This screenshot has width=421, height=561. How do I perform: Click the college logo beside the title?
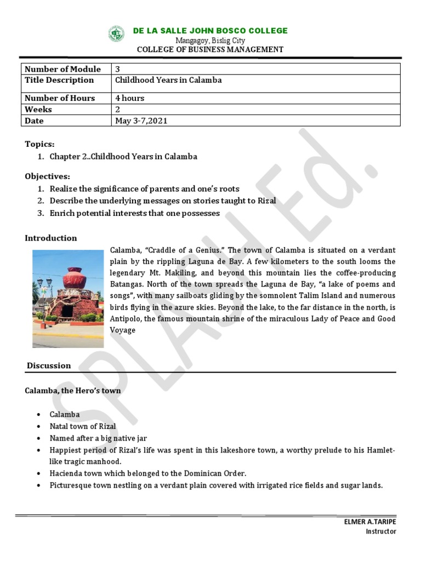pos(116,34)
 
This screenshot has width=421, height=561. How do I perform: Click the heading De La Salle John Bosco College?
pos(210,31)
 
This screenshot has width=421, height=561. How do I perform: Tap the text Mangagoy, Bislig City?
pos(210,41)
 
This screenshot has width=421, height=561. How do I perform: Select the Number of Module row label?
pos(63,69)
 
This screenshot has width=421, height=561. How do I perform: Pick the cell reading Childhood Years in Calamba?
pos(168,80)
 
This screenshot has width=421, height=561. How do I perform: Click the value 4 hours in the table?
pos(130,98)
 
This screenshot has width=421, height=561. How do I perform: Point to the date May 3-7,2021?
pos(141,121)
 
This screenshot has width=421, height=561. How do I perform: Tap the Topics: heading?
pos(40,144)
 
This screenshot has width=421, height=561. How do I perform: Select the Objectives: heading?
pos(48,176)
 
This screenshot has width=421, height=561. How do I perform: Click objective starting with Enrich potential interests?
pos(134,213)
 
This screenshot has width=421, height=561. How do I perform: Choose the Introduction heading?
pos(51,238)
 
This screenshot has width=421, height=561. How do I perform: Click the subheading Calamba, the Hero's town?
pos(73,391)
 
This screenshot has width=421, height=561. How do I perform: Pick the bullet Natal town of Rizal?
pos(83,426)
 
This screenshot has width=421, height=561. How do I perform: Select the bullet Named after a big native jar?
pos(99,438)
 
